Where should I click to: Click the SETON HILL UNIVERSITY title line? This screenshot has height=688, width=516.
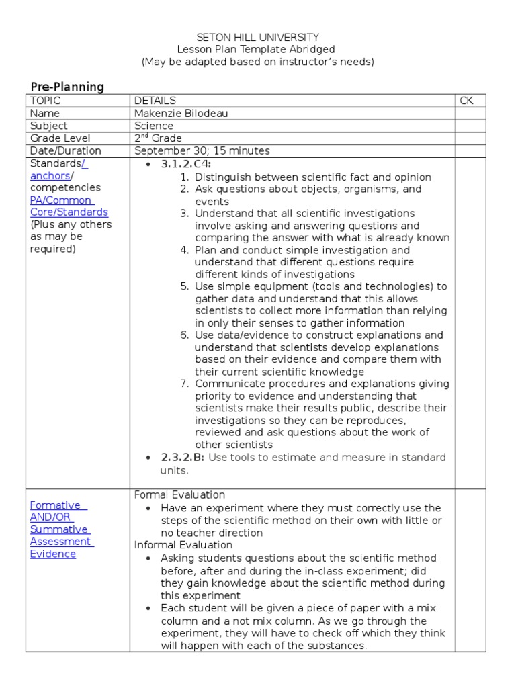[x=257, y=38]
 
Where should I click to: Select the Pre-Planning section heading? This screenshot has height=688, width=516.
[x=67, y=87]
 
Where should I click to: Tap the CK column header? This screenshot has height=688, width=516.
[x=466, y=101]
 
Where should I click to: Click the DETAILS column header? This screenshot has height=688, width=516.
[x=155, y=101]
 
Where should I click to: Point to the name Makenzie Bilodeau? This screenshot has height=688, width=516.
[x=181, y=114]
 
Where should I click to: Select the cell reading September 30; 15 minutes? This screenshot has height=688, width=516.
[x=202, y=151]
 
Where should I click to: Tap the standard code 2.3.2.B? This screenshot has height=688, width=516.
[x=181, y=458]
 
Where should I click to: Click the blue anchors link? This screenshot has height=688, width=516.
[x=50, y=176]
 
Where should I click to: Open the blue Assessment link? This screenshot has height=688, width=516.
[x=61, y=542]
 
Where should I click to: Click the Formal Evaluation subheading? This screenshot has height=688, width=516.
[x=179, y=495]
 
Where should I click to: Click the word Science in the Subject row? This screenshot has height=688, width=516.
[x=153, y=126]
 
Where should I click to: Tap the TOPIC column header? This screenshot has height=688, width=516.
[x=45, y=101]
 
